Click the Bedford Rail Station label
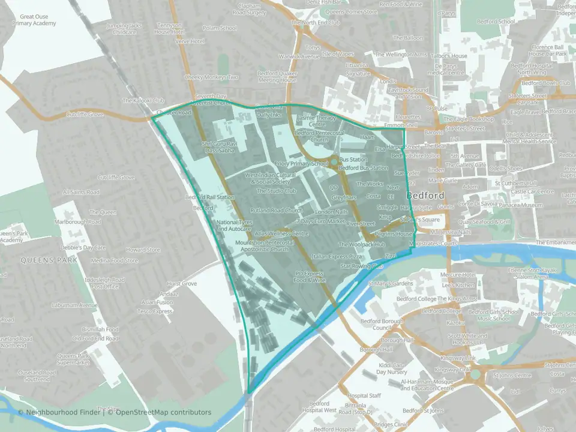point(209,197)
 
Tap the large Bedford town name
point(425,196)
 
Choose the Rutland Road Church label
point(281,211)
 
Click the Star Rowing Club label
point(361,265)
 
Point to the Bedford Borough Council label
point(376,325)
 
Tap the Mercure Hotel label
point(457,275)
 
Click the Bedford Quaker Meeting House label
point(277,76)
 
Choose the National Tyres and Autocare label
point(233,226)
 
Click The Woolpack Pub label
point(361,245)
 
